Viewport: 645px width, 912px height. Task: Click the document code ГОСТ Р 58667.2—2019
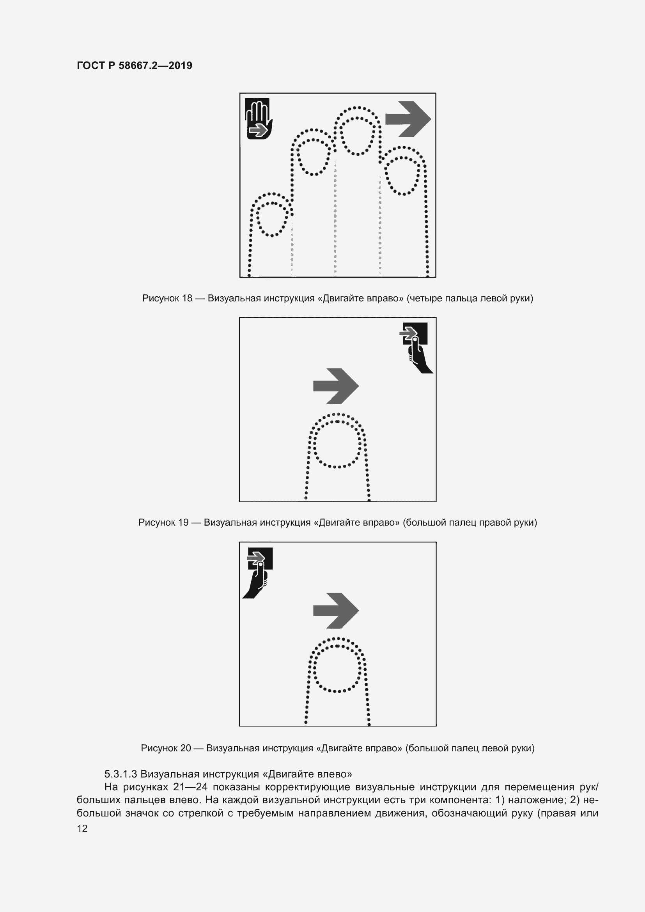tap(134, 66)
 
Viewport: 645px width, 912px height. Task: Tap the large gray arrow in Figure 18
tap(408, 119)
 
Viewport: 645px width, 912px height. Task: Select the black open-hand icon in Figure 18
tap(258, 119)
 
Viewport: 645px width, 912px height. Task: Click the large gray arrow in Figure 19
tap(336, 386)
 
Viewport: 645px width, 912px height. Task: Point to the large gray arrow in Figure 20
tap(336, 611)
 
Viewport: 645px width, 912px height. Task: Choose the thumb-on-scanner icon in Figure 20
tap(258, 573)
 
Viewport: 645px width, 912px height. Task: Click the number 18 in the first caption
tap(187, 298)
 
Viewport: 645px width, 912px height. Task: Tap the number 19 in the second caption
tap(183, 522)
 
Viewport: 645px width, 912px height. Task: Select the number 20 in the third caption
tap(186, 748)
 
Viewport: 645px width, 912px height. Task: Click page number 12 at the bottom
tap(82, 828)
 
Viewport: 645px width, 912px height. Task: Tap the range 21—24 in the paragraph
tap(190, 787)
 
